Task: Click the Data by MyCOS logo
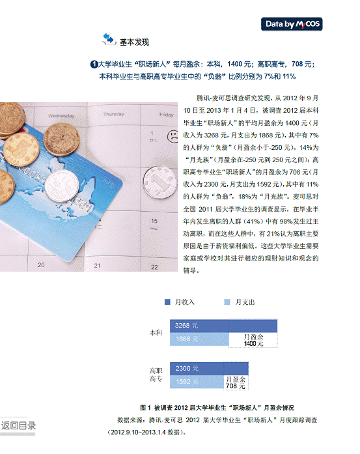tap(292, 24)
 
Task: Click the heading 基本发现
tap(134, 42)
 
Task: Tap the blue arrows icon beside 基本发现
tap(109, 39)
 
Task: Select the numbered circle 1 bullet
tap(94, 64)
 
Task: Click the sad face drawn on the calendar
tap(173, 136)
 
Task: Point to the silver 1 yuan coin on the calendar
tap(159, 182)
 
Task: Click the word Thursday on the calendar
tap(114, 115)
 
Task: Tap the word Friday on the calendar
tap(167, 115)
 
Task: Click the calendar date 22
tap(154, 267)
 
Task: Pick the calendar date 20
tap(41, 265)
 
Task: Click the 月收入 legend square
tap(167, 302)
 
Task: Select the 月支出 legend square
tap(227, 302)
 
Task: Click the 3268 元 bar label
tap(186, 326)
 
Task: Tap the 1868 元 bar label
tap(187, 339)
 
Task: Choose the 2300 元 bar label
tap(187, 369)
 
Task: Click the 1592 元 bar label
tap(187, 382)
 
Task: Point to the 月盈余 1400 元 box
tap(253, 340)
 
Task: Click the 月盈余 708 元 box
tap(236, 383)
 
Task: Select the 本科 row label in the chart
tap(156, 333)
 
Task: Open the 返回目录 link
tap(18, 425)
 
